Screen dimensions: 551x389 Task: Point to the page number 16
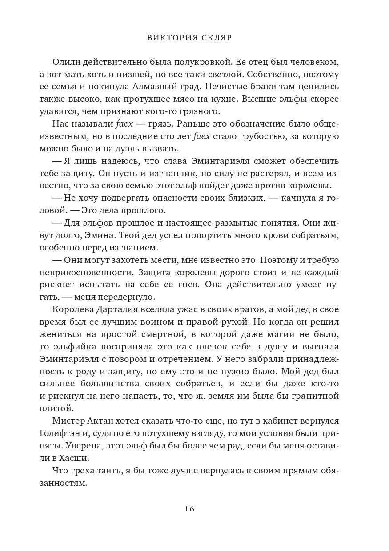189,509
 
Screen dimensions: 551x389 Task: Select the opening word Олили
65,62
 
